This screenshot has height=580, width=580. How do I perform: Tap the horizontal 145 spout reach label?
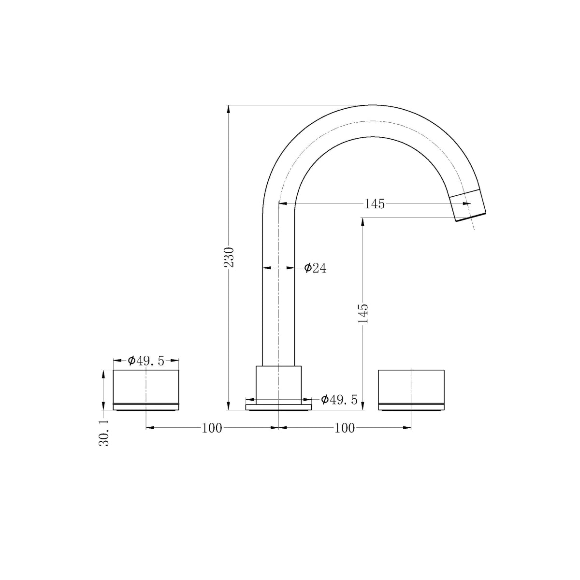(375, 204)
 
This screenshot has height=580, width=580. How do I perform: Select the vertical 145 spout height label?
(363, 313)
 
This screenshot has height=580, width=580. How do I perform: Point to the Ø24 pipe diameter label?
(315, 268)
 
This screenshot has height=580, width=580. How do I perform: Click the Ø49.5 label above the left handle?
(146, 361)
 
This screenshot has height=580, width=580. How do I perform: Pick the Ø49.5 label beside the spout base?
(339, 400)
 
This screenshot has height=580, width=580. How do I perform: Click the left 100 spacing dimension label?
(212, 428)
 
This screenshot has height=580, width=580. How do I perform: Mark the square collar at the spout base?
(278, 384)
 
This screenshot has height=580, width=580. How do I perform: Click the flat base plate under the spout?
(278, 407)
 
